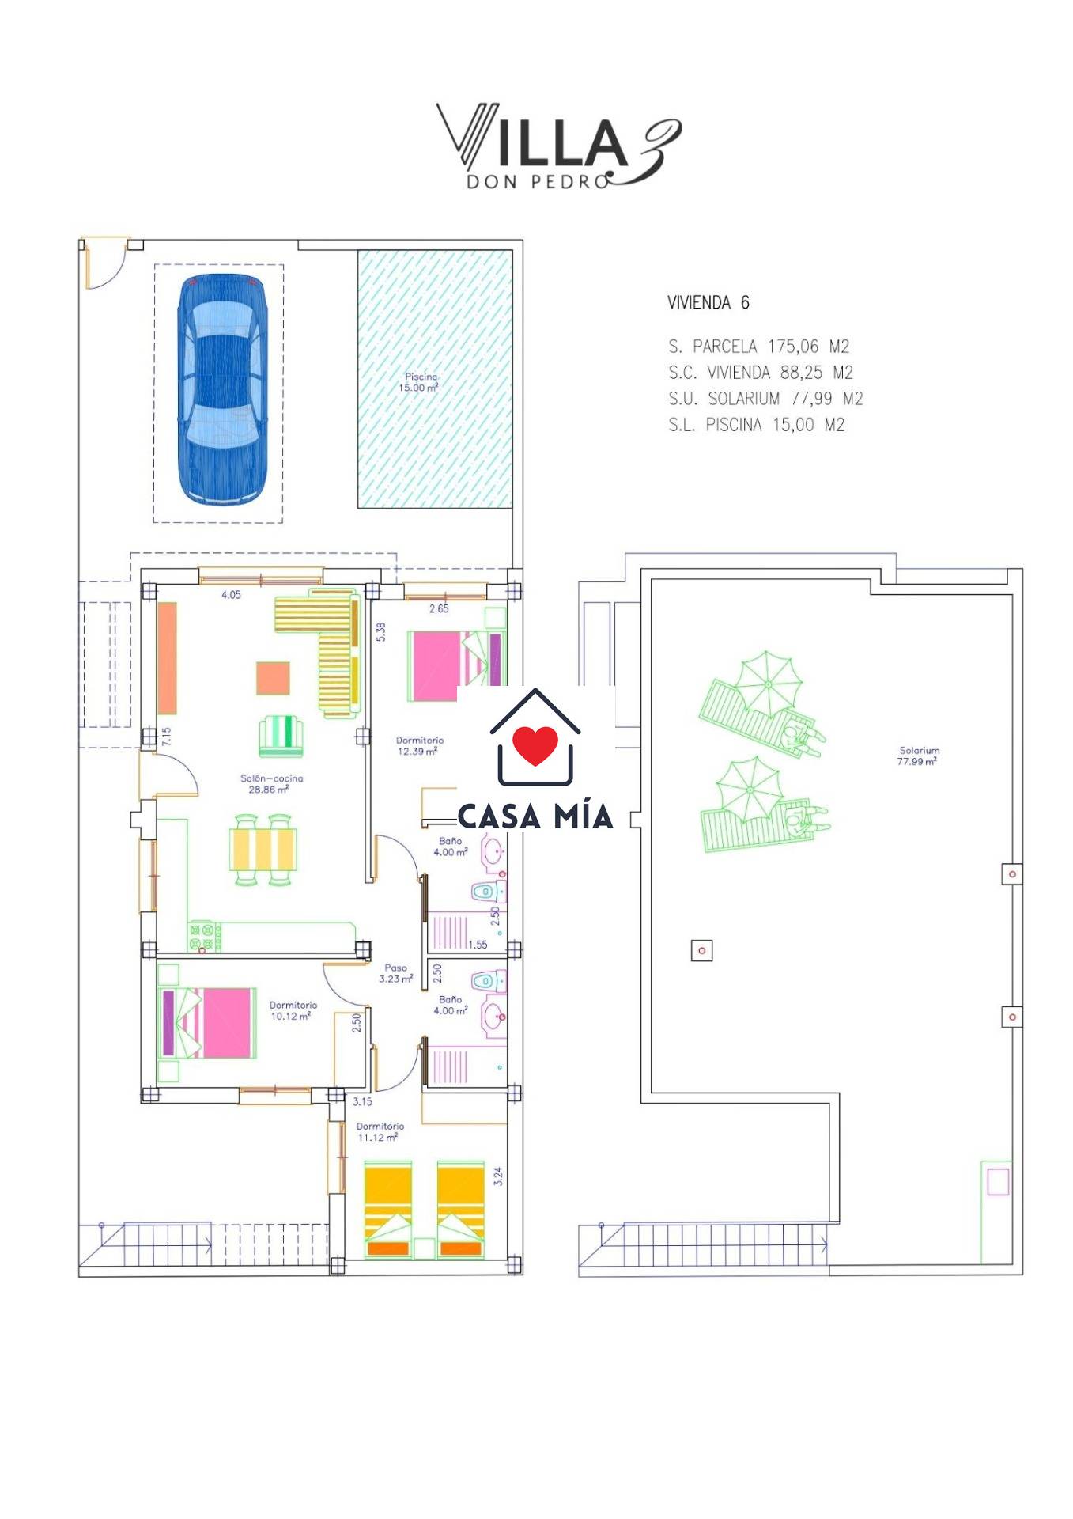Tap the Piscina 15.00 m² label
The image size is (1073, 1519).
tap(419, 382)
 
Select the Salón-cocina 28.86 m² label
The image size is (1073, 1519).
tap(271, 783)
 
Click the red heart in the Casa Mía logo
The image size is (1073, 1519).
tap(535, 744)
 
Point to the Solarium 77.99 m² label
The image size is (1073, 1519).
tap(918, 756)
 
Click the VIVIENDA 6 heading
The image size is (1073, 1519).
tap(708, 302)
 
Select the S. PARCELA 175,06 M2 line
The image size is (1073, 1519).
tap(758, 346)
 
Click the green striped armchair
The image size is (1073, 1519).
tap(281, 736)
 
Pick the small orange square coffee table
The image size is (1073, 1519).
tap(273, 678)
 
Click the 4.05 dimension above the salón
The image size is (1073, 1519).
tap(231, 595)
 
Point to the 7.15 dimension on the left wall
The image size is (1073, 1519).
tap(166, 737)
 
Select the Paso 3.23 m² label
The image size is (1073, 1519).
tap(395, 973)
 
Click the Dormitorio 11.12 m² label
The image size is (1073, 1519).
tap(380, 1131)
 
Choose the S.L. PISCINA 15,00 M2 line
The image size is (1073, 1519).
tap(757, 424)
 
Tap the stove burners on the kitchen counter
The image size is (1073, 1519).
tap(204, 936)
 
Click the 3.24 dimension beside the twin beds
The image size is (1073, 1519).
tap(498, 1176)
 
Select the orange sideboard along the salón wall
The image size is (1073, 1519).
tap(167, 658)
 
